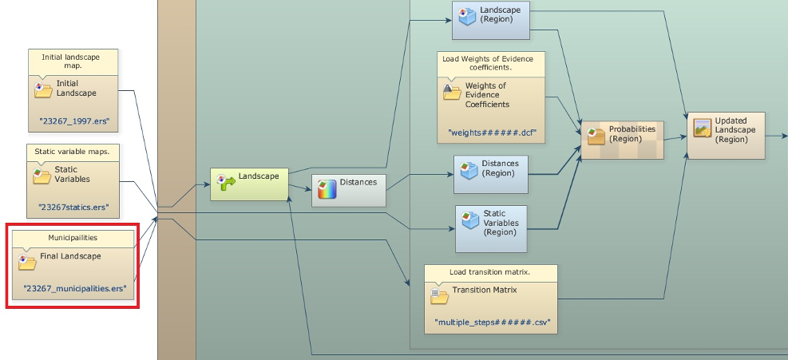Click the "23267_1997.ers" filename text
coord(73,123)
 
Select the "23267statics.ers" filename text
coord(73,208)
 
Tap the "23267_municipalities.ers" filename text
coord(75,288)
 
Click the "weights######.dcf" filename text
coord(490,132)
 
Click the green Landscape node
coord(248,183)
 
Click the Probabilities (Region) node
coord(623,136)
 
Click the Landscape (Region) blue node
coord(491,20)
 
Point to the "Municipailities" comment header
coord(73,237)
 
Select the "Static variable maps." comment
coord(73,151)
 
